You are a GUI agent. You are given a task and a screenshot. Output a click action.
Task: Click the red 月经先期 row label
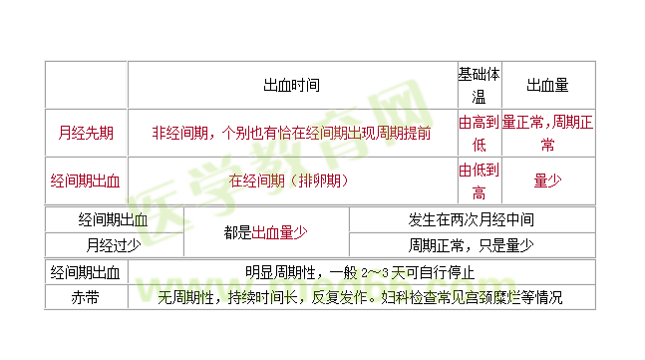coord(86,133)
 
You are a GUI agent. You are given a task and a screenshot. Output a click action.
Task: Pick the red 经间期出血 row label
coord(86,180)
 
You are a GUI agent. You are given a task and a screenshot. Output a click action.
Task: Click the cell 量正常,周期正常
coord(547,133)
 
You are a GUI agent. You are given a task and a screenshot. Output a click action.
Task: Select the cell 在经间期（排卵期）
coord(291,180)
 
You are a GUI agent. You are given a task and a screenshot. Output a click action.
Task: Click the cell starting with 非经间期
coord(291,133)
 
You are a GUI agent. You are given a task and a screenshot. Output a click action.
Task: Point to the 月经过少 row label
coord(114,244)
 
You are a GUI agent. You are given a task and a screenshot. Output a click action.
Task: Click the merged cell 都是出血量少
coord(265,232)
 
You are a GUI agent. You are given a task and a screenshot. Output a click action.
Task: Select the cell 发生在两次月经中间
coord(471,219)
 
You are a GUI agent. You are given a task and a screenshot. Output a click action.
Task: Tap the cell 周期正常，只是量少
coord(471,244)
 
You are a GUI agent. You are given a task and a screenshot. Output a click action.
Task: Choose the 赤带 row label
coord(86,297)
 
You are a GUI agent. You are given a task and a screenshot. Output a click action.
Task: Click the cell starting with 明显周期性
coord(360,272)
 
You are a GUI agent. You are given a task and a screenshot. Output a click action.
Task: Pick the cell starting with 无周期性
coord(360,297)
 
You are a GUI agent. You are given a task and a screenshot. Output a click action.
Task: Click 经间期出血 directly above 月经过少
coord(114,219)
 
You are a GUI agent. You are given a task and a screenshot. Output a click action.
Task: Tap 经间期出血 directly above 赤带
coord(86,272)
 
